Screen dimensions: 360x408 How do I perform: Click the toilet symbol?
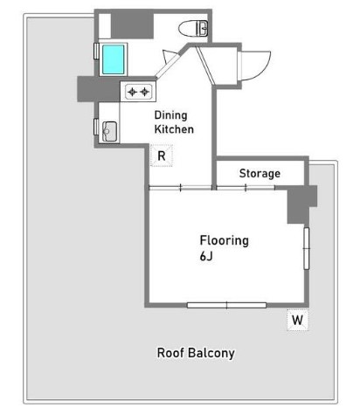(x=193, y=29)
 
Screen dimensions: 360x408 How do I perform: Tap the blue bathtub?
(x=114, y=59)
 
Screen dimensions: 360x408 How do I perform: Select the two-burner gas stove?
(x=138, y=92)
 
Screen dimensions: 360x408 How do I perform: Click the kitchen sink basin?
(x=110, y=132)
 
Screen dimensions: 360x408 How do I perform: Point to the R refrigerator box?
(x=162, y=156)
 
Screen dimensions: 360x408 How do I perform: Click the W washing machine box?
(x=297, y=320)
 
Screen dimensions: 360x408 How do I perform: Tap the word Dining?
(x=170, y=115)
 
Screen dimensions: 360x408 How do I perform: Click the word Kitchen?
(x=174, y=129)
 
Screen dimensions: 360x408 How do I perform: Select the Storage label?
(x=260, y=174)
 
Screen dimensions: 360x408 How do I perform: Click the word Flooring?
(x=225, y=241)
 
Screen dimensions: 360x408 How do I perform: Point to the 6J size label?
(x=206, y=256)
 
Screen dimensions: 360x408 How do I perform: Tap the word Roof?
(x=170, y=353)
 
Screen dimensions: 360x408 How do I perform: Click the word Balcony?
(x=211, y=353)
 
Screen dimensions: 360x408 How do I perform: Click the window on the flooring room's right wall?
(x=307, y=248)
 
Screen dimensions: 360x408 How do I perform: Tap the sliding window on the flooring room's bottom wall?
(x=226, y=305)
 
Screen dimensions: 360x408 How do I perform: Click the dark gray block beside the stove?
(x=99, y=89)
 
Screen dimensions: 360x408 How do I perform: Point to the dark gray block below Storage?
(x=302, y=204)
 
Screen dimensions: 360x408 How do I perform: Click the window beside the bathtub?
(x=96, y=51)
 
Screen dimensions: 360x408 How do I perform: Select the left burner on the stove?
(x=132, y=92)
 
